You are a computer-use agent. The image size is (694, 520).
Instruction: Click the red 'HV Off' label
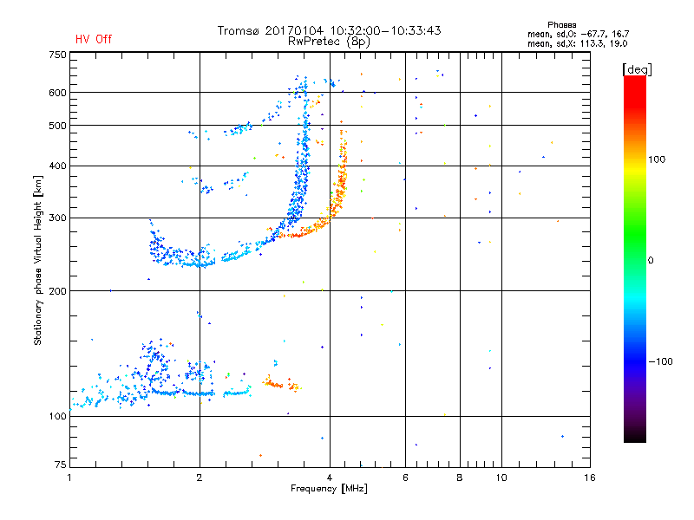[94, 39]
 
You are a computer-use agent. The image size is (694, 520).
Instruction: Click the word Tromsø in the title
[239, 30]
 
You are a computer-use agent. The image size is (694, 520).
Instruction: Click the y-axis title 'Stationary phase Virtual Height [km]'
[38, 260]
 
